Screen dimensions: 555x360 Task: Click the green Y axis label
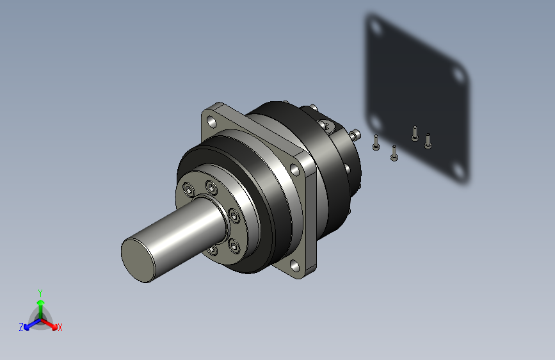point(40,293)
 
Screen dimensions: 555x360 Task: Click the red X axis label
point(60,327)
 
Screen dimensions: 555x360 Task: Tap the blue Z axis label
point(21,327)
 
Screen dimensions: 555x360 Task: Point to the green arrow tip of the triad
point(41,302)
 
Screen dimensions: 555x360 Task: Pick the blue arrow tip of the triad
point(27,328)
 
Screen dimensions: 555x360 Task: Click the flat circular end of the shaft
point(138,260)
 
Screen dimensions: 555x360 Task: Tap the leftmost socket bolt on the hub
point(189,190)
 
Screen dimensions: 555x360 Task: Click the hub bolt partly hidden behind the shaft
point(212,250)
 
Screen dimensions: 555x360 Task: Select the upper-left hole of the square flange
point(212,122)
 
